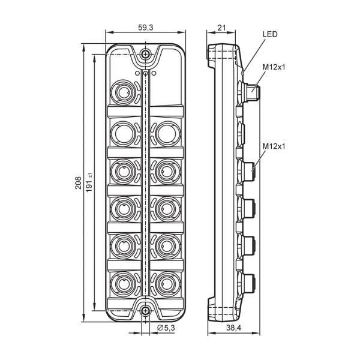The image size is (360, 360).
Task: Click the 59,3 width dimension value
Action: click(145, 28)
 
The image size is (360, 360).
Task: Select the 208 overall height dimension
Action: click(78, 183)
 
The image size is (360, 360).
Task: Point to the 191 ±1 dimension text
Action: click(89, 182)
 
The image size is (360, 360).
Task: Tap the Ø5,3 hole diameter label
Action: click(166, 328)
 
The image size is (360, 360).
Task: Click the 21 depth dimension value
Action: click(221, 28)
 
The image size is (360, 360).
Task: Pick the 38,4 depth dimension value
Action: click(234, 328)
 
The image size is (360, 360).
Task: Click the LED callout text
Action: click(270, 34)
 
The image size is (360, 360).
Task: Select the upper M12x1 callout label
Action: click(274, 67)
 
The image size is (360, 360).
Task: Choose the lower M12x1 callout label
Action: click(274, 146)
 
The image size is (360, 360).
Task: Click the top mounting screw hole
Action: click(145, 55)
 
